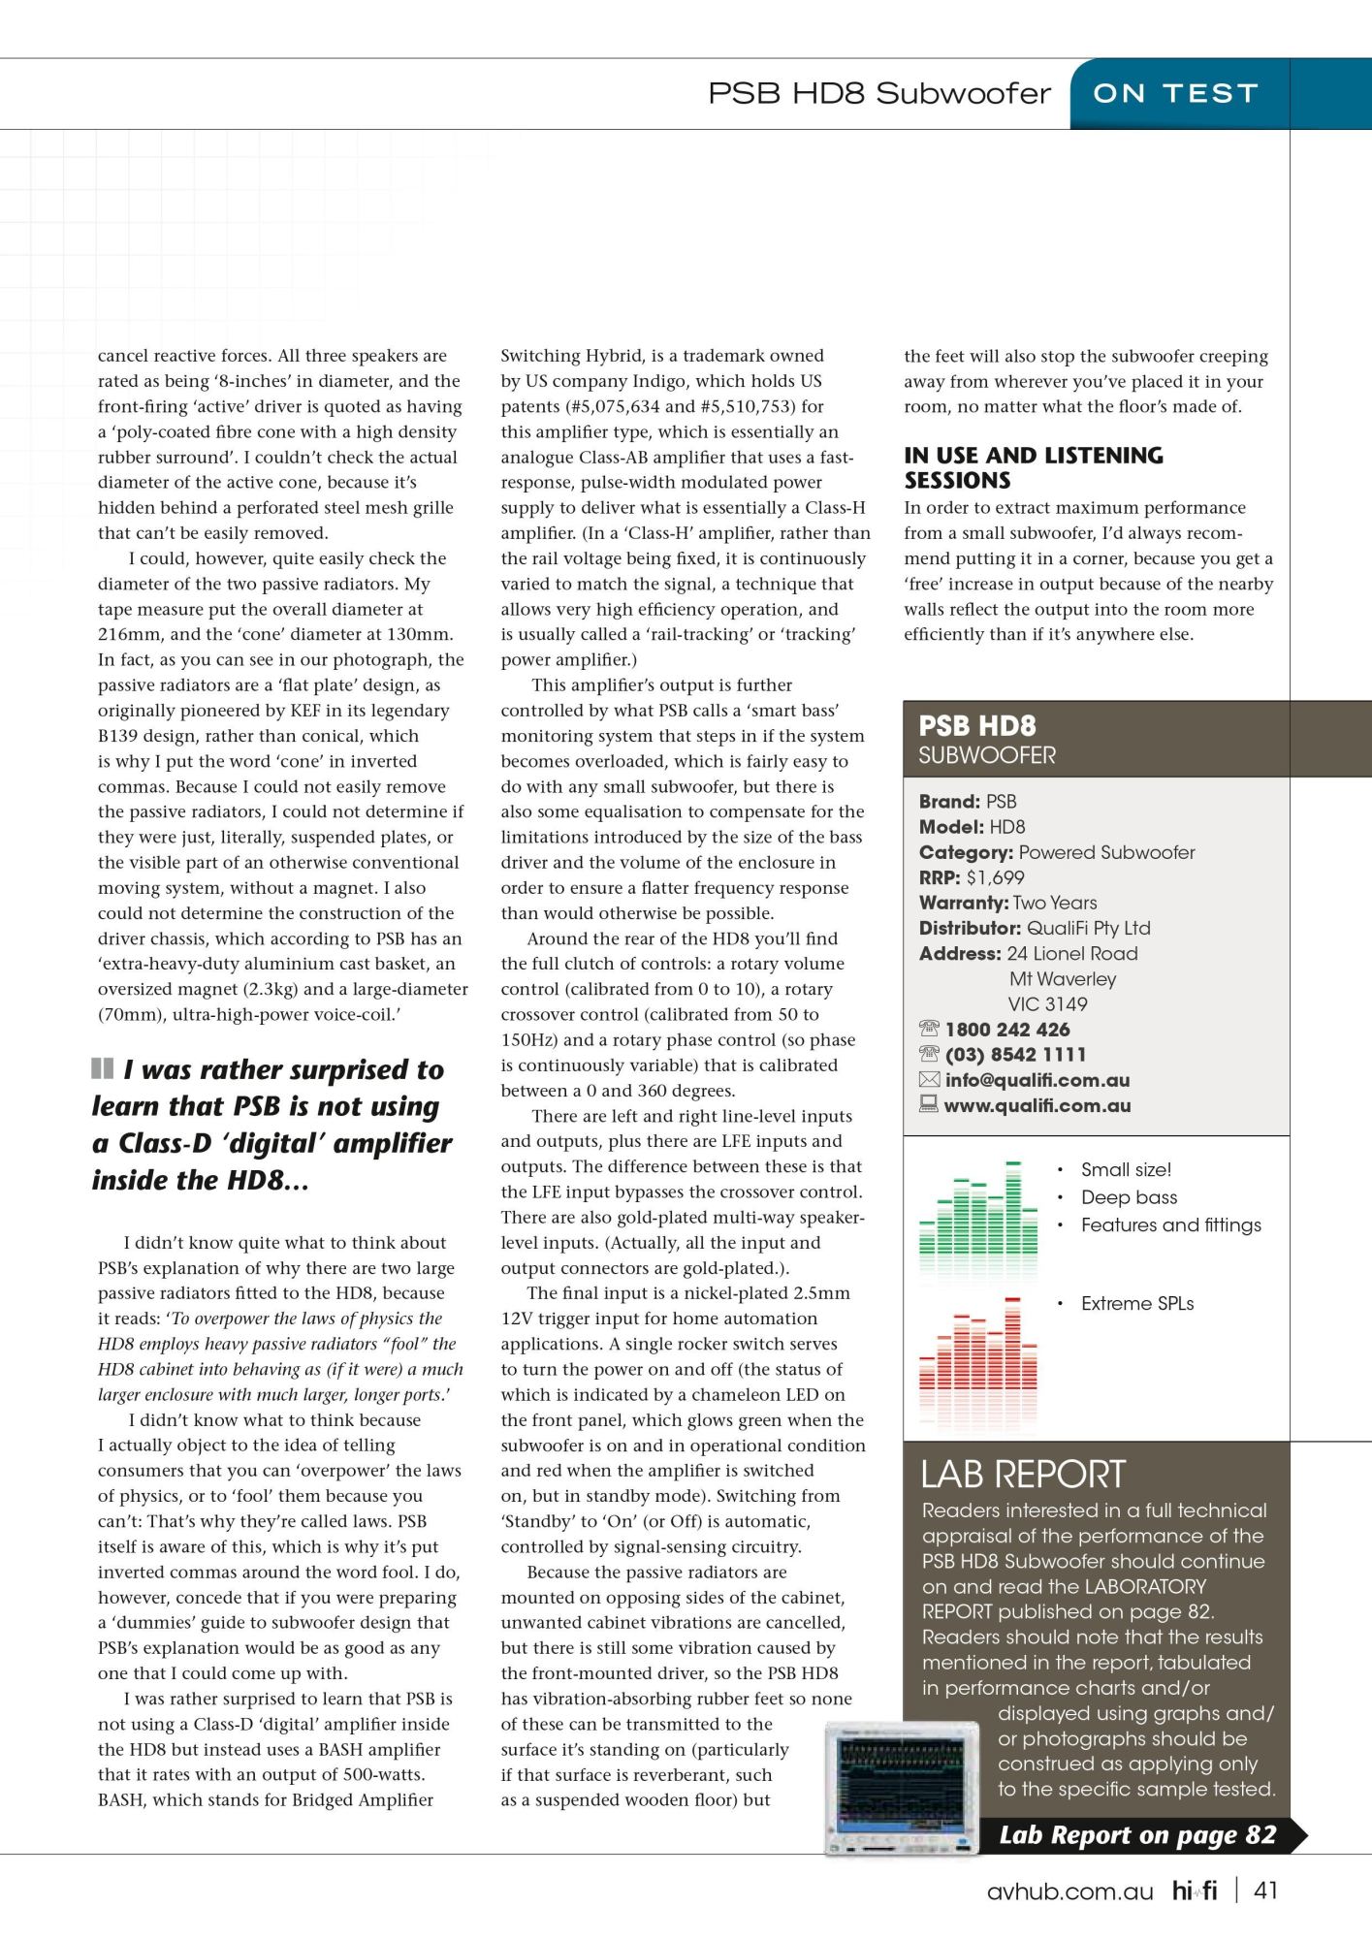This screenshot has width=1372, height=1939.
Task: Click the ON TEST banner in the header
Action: (1175, 94)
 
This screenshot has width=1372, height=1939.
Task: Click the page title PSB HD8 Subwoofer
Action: (878, 94)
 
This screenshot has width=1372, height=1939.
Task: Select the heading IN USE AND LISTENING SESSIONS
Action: (1033, 467)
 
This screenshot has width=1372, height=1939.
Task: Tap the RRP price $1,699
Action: (995, 877)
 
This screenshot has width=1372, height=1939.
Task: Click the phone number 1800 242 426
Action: (1007, 1030)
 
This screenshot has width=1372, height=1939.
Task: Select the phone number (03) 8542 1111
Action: (1015, 1055)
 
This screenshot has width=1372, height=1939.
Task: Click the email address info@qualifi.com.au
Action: (1037, 1080)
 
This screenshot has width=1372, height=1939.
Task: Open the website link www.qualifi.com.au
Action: (1037, 1105)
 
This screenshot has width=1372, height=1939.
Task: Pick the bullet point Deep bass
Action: (1129, 1197)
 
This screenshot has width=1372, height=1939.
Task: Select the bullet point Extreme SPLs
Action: (1137, 1304)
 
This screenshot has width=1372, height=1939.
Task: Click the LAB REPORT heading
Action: (1022, 1475)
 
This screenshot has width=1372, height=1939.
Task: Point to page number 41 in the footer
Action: (1265, 1891)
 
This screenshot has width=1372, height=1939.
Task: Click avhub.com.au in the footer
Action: (1069, 1891)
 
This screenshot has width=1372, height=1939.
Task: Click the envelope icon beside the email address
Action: (929, 1080)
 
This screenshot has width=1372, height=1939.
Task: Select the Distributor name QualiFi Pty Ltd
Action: (1088, 928)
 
